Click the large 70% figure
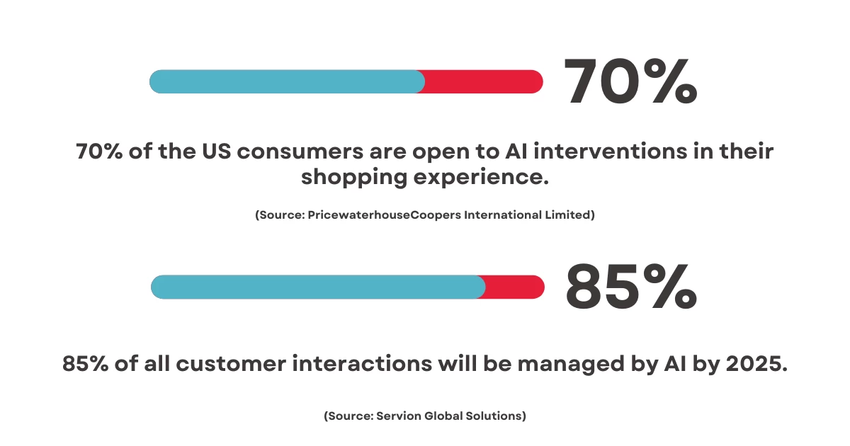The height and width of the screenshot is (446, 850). tap(630, 81)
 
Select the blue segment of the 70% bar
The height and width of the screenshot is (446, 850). tap(287, 81)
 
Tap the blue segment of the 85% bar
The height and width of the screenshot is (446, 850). tap(318, 287)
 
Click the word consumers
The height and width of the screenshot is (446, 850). tap(300, 151)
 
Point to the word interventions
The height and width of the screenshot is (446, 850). tap(610, 151)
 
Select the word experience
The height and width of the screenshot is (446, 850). tap(481, 178)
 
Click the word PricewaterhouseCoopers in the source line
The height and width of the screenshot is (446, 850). tap(384, 215)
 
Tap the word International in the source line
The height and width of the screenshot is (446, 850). tap(503, 215)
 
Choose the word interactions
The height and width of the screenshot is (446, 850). tap(362, 363)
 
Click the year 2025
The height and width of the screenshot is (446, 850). tap(754, 363)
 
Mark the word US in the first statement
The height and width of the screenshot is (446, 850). tap(216, 151)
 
